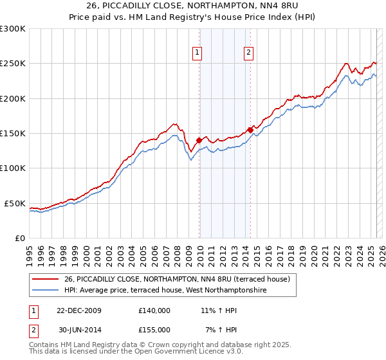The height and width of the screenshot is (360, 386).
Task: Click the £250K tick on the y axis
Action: click(13, 64)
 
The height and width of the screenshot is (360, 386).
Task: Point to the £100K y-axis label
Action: click(13, 168)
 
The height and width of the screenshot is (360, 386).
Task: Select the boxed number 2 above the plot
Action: click(248, 53)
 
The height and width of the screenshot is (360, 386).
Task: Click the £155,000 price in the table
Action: click(154, 330)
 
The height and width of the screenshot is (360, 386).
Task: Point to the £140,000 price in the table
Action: click(154, 310)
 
